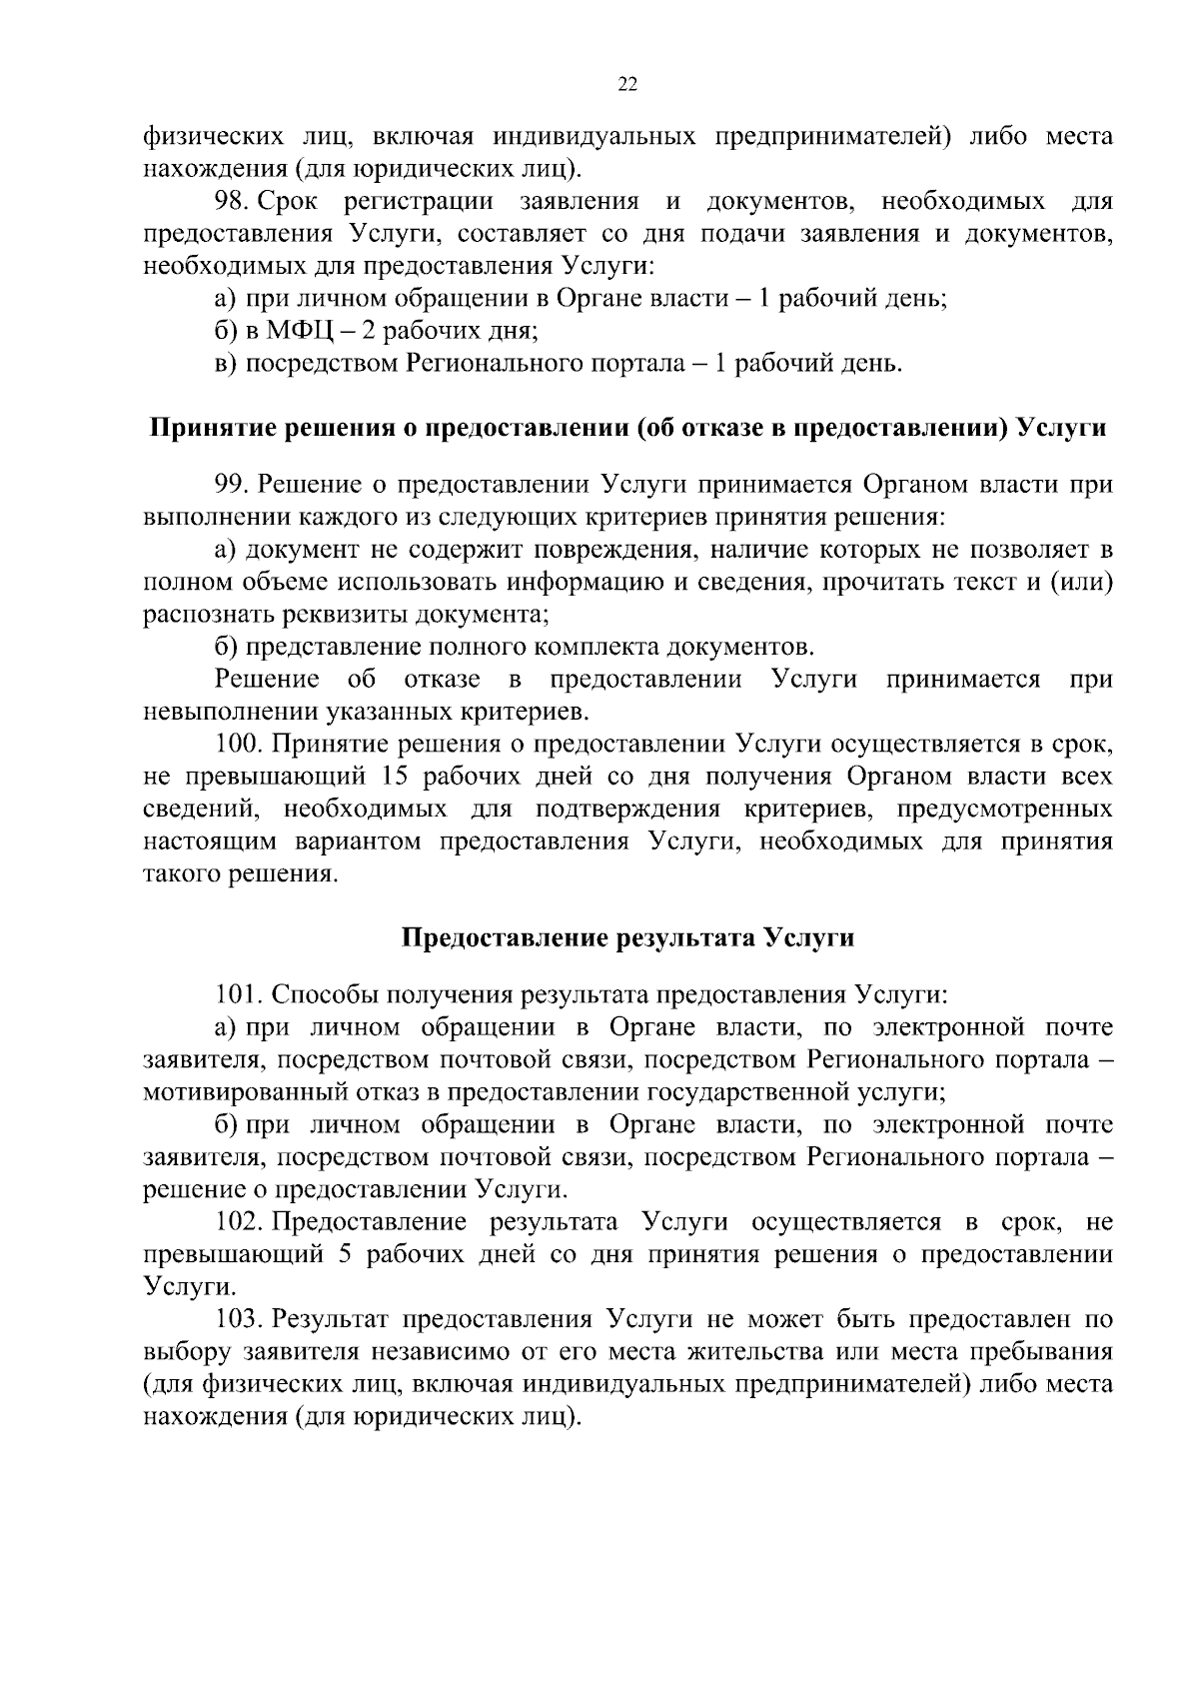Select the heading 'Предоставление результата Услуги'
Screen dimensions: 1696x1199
627,938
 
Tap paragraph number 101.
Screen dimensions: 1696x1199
239,995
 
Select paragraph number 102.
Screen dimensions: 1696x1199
239,1222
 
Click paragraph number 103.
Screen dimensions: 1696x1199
239,1319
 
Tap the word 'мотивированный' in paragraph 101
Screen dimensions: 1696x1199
241,1091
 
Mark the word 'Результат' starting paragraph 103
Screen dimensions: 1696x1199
331,1319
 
